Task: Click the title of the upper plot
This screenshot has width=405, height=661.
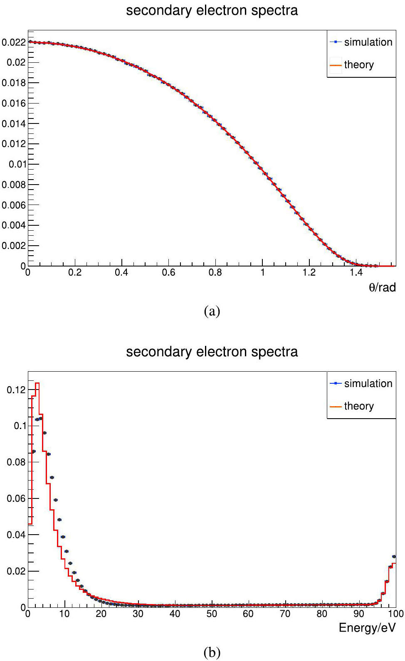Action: tap(212, 10)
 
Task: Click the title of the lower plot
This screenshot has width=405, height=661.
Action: tap(212, 352)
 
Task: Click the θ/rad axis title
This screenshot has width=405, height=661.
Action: tap(382, 287)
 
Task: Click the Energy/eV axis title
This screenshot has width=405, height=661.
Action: tap(367, 628)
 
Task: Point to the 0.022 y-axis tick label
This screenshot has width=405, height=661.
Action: tap(13, 42)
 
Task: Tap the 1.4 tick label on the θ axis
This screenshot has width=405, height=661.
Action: tap(356, 273)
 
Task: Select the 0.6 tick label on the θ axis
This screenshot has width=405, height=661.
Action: tap(168, 273)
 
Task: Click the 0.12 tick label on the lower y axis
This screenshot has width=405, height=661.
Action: tap(16, 390)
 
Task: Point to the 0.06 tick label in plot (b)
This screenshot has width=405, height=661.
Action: tap(16, 498)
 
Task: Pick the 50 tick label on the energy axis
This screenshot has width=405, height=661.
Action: tap(212, 614)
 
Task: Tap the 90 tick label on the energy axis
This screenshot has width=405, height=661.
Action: tap(358, 614)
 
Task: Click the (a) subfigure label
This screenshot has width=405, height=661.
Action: tap(212, 311)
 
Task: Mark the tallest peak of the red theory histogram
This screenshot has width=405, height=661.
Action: tap(37, 383)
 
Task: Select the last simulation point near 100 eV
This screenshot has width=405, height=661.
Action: tap(394, 556)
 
